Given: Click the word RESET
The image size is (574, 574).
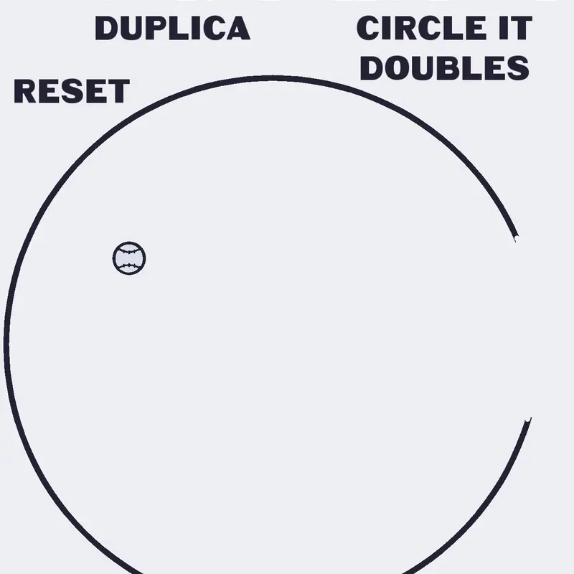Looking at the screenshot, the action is coord(72,91).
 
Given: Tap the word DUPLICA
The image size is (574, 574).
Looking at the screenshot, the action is coord(172,28).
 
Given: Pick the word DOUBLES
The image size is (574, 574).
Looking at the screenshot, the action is coord(444,68).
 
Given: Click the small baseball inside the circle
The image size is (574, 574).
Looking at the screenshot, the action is coord(129,258).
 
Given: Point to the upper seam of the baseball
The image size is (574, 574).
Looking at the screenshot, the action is coord(129,251).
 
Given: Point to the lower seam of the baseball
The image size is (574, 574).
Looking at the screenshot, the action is coord(129,265).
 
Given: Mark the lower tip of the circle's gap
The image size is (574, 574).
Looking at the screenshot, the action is coord(529,420).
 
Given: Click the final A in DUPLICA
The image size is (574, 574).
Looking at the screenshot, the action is coord(240,28).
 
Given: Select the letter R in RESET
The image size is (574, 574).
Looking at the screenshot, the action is coord(24,91).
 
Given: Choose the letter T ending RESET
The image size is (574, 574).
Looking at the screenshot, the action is coord(118,91).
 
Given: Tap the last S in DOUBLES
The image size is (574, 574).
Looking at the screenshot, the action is coord(519,68).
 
